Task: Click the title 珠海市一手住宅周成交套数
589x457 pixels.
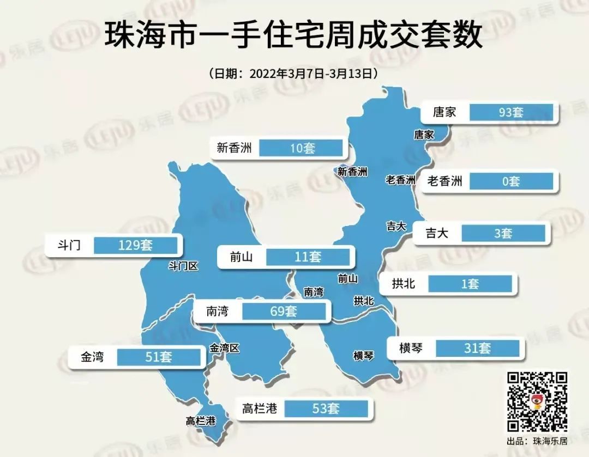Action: coord(294,35)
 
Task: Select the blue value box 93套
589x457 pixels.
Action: coord(510,113)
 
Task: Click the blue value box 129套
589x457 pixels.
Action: coord(135,245)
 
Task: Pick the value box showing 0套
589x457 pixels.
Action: coord(510,181)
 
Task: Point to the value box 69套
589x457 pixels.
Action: coord(284,312)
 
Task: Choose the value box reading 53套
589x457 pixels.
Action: coord(326,408)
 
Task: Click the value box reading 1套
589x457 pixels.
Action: coord(470,284)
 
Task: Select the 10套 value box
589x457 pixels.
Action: coord(301,148)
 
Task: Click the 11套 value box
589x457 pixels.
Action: coord(308,257)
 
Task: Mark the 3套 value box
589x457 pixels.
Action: coord(503,234)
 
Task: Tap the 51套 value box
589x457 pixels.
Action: coord(159,357)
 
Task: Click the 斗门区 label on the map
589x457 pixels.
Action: coord(183,266)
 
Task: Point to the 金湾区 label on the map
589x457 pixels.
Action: coord(225,348)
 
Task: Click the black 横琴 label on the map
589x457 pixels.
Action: coord(364,356)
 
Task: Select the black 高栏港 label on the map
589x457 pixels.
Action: coord(200,421)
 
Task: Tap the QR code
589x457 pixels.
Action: coord(537,401)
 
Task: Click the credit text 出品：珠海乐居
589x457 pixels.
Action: coord(537,441)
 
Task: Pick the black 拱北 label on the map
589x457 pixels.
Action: coord(364,301)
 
